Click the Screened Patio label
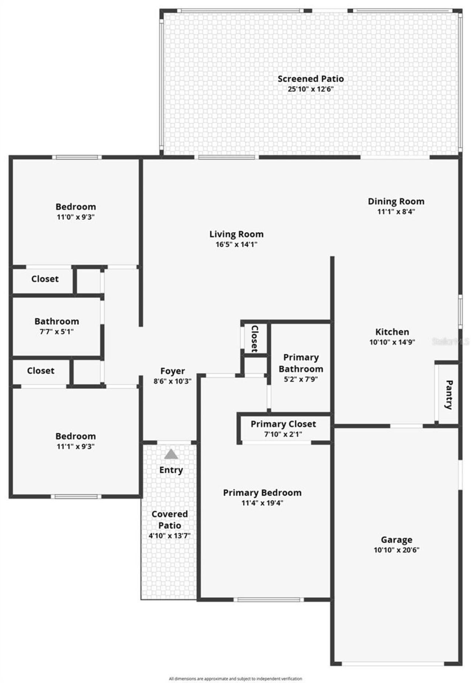[x=310, y=79]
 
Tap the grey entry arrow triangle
[x=171, y=454]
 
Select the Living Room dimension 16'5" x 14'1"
[x=236, y=244]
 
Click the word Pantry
[x=449, y=395]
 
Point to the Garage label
[x=396, y=540]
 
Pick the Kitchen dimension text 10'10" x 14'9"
[x=392, y=342]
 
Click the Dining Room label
[x=396, y=201]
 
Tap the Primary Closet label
[x=283, y=424]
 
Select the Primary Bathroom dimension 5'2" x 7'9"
[x=300, y=379]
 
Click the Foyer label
[x=172, y=371]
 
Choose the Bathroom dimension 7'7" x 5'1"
[x=57, y=331]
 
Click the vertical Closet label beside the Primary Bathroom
[x=254, y=338]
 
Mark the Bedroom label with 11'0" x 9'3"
[x=75, y=207]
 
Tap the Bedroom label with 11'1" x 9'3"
[x=75, y=436]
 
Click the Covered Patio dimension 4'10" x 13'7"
[x=169, y=536]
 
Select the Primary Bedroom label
[x=262, y=492]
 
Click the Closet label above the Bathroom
[x=45, y=279]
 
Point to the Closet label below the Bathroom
[x=40, y=371]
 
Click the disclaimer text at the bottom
[x=235, y=679]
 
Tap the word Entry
[x=171, y=470]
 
